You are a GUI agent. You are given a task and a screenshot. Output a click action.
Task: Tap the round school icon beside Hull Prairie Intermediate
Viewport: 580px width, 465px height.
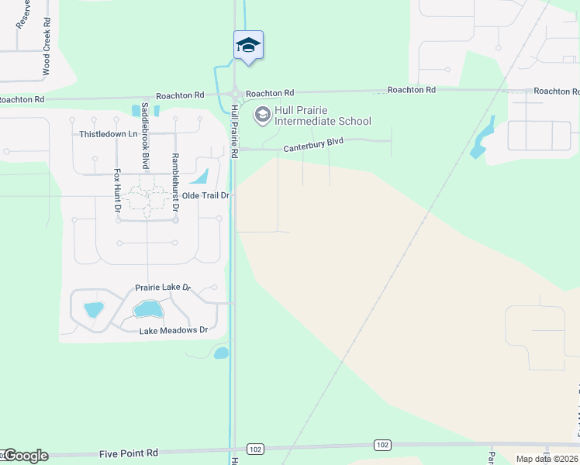coord(262,115)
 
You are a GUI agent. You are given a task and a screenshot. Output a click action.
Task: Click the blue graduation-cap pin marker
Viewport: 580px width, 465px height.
coord(248,45)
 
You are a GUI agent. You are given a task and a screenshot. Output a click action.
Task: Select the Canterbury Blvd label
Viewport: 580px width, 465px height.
coord(313,145)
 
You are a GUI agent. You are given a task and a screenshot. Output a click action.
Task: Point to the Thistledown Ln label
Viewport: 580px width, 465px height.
coord(108,134)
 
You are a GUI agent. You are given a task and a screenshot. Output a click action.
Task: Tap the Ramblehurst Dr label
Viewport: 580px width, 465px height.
coord(175,182)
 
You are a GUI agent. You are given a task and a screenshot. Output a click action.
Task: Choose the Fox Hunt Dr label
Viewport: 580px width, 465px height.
coord(118,191)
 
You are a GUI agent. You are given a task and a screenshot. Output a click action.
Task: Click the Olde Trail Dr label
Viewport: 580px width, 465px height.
coord(206,195)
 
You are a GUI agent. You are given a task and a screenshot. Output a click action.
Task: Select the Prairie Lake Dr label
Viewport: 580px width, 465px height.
coord(163,288)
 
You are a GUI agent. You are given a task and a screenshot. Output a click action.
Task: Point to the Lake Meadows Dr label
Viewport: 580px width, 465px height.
coord(174,331)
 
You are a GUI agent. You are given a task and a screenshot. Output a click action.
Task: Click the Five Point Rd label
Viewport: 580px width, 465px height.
coord(129,453)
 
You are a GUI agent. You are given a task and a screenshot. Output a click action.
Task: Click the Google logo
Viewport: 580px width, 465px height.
coord(25,456)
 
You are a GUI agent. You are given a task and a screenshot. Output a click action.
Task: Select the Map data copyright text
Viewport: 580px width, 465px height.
coord(547,459)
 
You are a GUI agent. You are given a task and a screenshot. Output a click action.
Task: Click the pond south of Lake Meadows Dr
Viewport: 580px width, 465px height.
coord(221,353)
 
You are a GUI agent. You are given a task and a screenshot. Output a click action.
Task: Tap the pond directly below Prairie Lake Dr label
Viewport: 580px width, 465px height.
coord(147,310)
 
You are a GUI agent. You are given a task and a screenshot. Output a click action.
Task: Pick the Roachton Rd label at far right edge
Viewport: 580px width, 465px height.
coord(551,91)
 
